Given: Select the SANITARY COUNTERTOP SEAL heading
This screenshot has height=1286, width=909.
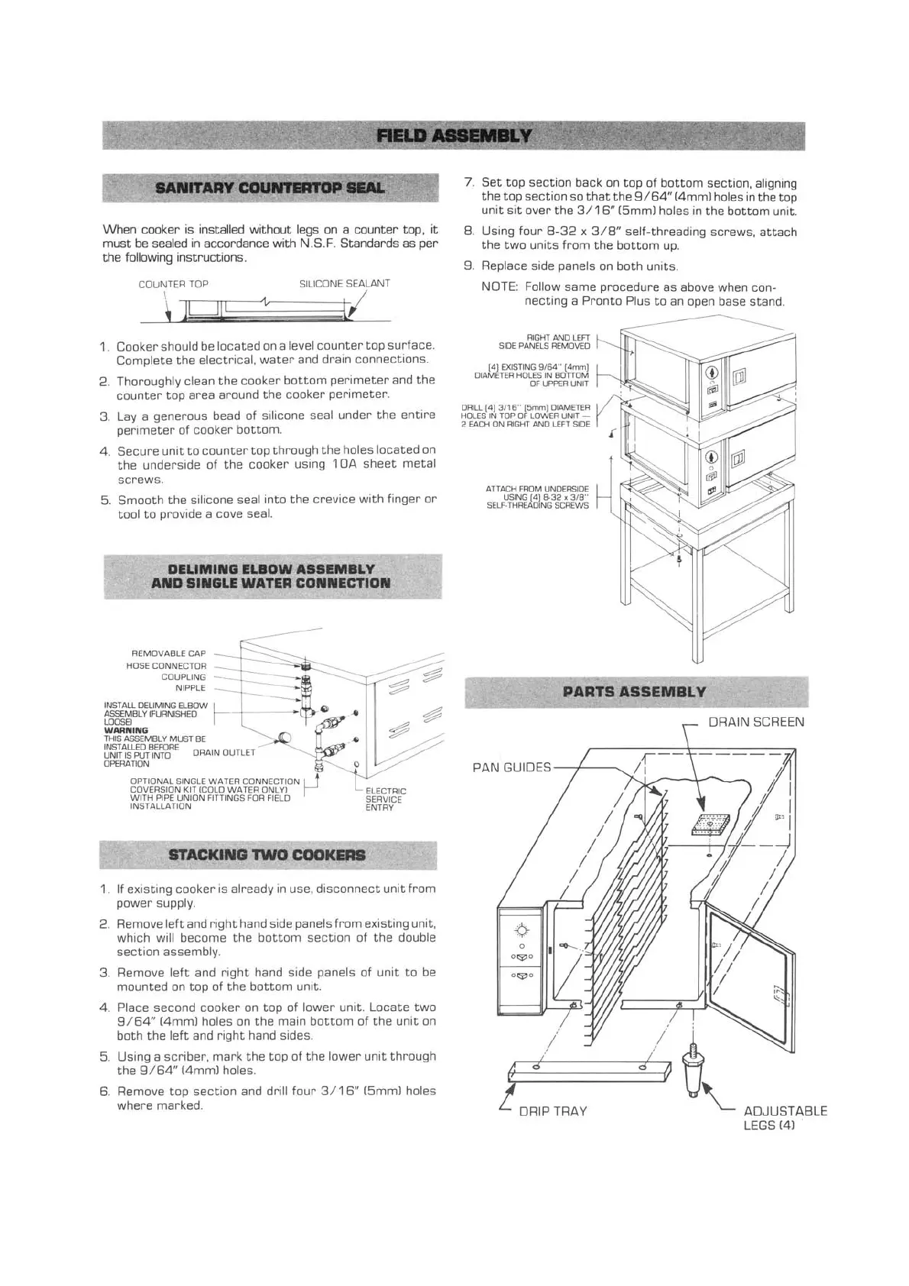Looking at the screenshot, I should click(x=270, y=188).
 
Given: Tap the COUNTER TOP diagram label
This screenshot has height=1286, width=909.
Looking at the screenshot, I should click(x=173, y=284).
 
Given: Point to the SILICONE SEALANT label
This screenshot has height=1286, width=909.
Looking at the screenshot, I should click(x=345, y=284).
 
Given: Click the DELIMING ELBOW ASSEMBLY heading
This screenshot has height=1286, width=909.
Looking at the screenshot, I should click(x=270, y=576).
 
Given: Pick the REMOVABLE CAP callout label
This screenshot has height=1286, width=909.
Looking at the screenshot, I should click(x=169, y=654).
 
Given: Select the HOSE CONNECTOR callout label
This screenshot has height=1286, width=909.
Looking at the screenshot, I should click(x=166, y=666).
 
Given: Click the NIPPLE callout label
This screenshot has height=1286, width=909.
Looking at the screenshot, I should click(x=190, y=688).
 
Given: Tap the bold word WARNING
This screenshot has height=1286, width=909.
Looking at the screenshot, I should click(x=126, y=731).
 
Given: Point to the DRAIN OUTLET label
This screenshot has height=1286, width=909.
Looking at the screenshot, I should click(x=224, y=752).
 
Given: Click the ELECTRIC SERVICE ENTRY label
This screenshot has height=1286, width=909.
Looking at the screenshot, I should click(x=386, y=799).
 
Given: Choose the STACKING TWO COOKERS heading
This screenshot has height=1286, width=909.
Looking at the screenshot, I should click(x=267, y=855).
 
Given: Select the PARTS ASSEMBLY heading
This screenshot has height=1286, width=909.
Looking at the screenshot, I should click(x=634, y=693).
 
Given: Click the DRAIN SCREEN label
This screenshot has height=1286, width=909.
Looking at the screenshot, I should click(x=755, y=722).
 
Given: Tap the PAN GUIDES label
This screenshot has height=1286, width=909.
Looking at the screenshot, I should click(x=511, y=767).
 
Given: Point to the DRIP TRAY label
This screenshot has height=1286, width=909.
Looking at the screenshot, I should click(x=552, y=1111).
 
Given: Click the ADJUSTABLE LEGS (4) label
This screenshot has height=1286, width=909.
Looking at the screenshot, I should click(x=784, y=1118).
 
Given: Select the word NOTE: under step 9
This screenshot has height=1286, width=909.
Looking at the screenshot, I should click(x=500, y=287).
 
